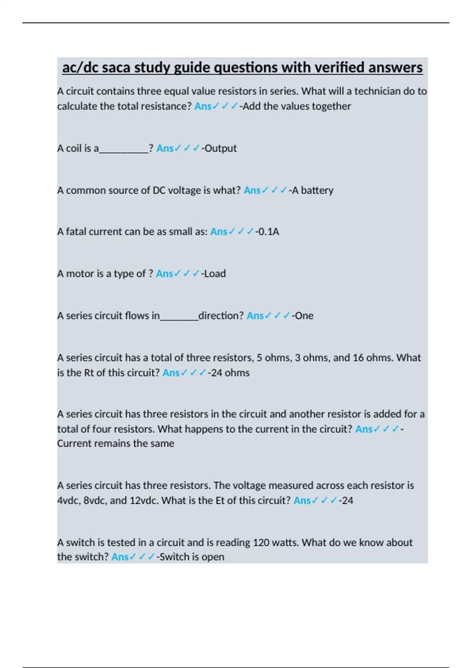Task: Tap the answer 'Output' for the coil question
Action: pos(221,148)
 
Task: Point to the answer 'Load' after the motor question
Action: pos(215,273)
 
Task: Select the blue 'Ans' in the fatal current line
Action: pos(219,231)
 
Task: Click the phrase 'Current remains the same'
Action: pos(116,443)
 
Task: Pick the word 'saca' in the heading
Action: pos(116,68)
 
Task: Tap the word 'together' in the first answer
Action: pos(331,106)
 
